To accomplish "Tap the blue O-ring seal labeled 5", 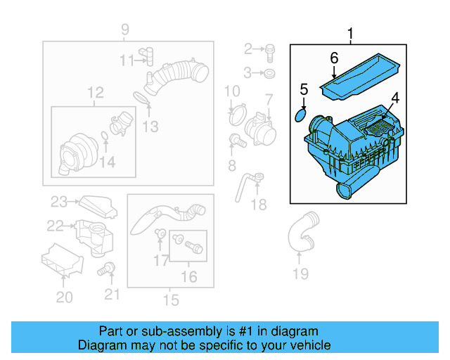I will point(301,112).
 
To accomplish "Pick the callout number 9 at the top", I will point(124,30).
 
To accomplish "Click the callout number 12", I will point(95,92).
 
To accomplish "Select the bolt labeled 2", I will point(271,49).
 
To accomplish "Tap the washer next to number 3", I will point(271,72).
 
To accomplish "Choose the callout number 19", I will point(300,274).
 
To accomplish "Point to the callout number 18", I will point(259,205).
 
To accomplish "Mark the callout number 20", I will point(64,297).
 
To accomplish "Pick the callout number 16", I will point(188,277).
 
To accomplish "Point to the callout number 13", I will point(150,127).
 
